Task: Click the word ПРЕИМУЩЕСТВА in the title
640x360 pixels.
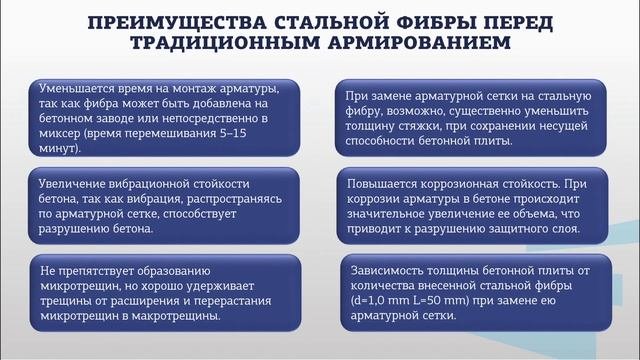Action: coord(178,22)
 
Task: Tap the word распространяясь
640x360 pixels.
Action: coord(222,199)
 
